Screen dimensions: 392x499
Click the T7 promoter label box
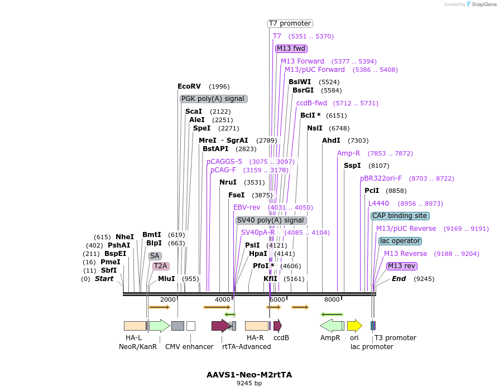(x=290, y=23)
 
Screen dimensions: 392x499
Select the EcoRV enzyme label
(x=189, y=86)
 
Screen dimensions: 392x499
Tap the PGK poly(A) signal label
(x=213, y=99)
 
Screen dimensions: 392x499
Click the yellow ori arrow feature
(x=354, y=326)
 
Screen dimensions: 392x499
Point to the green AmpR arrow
(x=332, y=326)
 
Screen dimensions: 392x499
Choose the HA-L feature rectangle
(x=135, y=326)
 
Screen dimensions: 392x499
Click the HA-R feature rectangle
(x=256, y=326)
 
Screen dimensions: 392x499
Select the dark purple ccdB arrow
(x=277, y=326)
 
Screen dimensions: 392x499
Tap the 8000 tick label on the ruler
(x=332, y=299)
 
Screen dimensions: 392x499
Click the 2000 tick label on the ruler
(x=167, y=299)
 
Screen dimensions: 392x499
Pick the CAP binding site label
(x=400, y=216)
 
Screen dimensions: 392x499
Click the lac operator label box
(x=400, y=241)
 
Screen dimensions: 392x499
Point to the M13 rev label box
(x=401, y=266)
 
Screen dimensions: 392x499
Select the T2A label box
(x=160, y=266)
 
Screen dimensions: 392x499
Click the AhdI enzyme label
(x=331, y=141)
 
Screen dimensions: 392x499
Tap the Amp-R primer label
(x=348, y=153)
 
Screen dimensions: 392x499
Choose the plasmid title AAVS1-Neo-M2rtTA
(x=249, y=375)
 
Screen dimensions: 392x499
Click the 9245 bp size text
(x=249, y=384)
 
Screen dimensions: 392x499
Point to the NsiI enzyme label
(x=315, y=128)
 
